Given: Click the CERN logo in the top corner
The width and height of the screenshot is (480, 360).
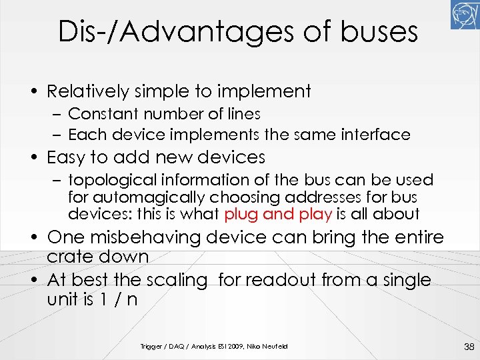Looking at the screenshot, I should (464, 15).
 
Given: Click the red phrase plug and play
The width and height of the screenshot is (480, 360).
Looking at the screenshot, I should (279, 214).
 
